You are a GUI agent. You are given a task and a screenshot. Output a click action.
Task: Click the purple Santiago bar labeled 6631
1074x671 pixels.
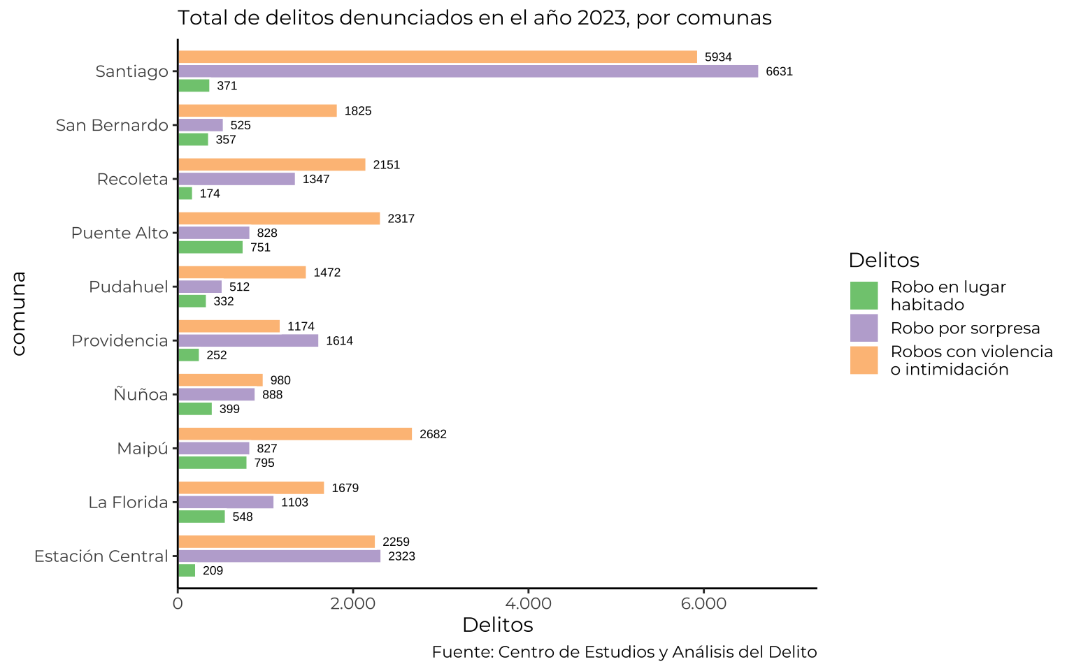pos(468,71)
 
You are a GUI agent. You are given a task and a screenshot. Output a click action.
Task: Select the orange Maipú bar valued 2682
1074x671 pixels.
pos(295,434)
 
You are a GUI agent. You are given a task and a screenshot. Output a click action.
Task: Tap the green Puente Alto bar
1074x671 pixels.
pos(210,247)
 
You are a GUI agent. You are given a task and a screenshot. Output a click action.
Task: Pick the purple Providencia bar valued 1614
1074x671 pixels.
pos(248,340)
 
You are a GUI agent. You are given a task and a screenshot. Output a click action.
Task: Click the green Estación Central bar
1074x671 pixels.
pos(187,570)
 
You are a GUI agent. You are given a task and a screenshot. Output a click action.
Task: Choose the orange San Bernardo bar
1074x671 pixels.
pos(257,110)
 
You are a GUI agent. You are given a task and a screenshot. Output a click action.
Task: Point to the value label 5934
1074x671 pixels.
pos(718,57)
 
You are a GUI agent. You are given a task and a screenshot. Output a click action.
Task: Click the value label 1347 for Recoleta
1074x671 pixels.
pos(316,180)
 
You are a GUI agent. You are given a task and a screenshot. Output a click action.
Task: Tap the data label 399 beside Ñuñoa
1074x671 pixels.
pos(229,409)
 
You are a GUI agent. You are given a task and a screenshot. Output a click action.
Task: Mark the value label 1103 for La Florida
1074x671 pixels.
pos(294,503)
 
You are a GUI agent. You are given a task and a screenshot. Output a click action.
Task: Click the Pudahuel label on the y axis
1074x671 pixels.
pos(129,287)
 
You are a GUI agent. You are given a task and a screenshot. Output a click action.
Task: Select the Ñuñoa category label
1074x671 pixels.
pos(141,394)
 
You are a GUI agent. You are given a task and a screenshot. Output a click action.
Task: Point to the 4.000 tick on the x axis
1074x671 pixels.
pos(529,603)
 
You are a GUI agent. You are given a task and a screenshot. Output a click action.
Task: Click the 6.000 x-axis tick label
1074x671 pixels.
pos(703,603)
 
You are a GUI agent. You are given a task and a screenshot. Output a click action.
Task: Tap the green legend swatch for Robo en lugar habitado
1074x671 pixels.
pos(864,296)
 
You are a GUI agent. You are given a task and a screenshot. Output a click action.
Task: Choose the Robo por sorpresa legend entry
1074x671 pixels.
pos(965,328)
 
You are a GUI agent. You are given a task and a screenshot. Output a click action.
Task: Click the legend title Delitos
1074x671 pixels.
pos(883,260)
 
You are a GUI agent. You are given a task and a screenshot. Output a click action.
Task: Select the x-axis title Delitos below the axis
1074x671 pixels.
pos(497,624)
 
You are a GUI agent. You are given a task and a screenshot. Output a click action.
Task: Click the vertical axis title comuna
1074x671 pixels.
pos(19,314)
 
